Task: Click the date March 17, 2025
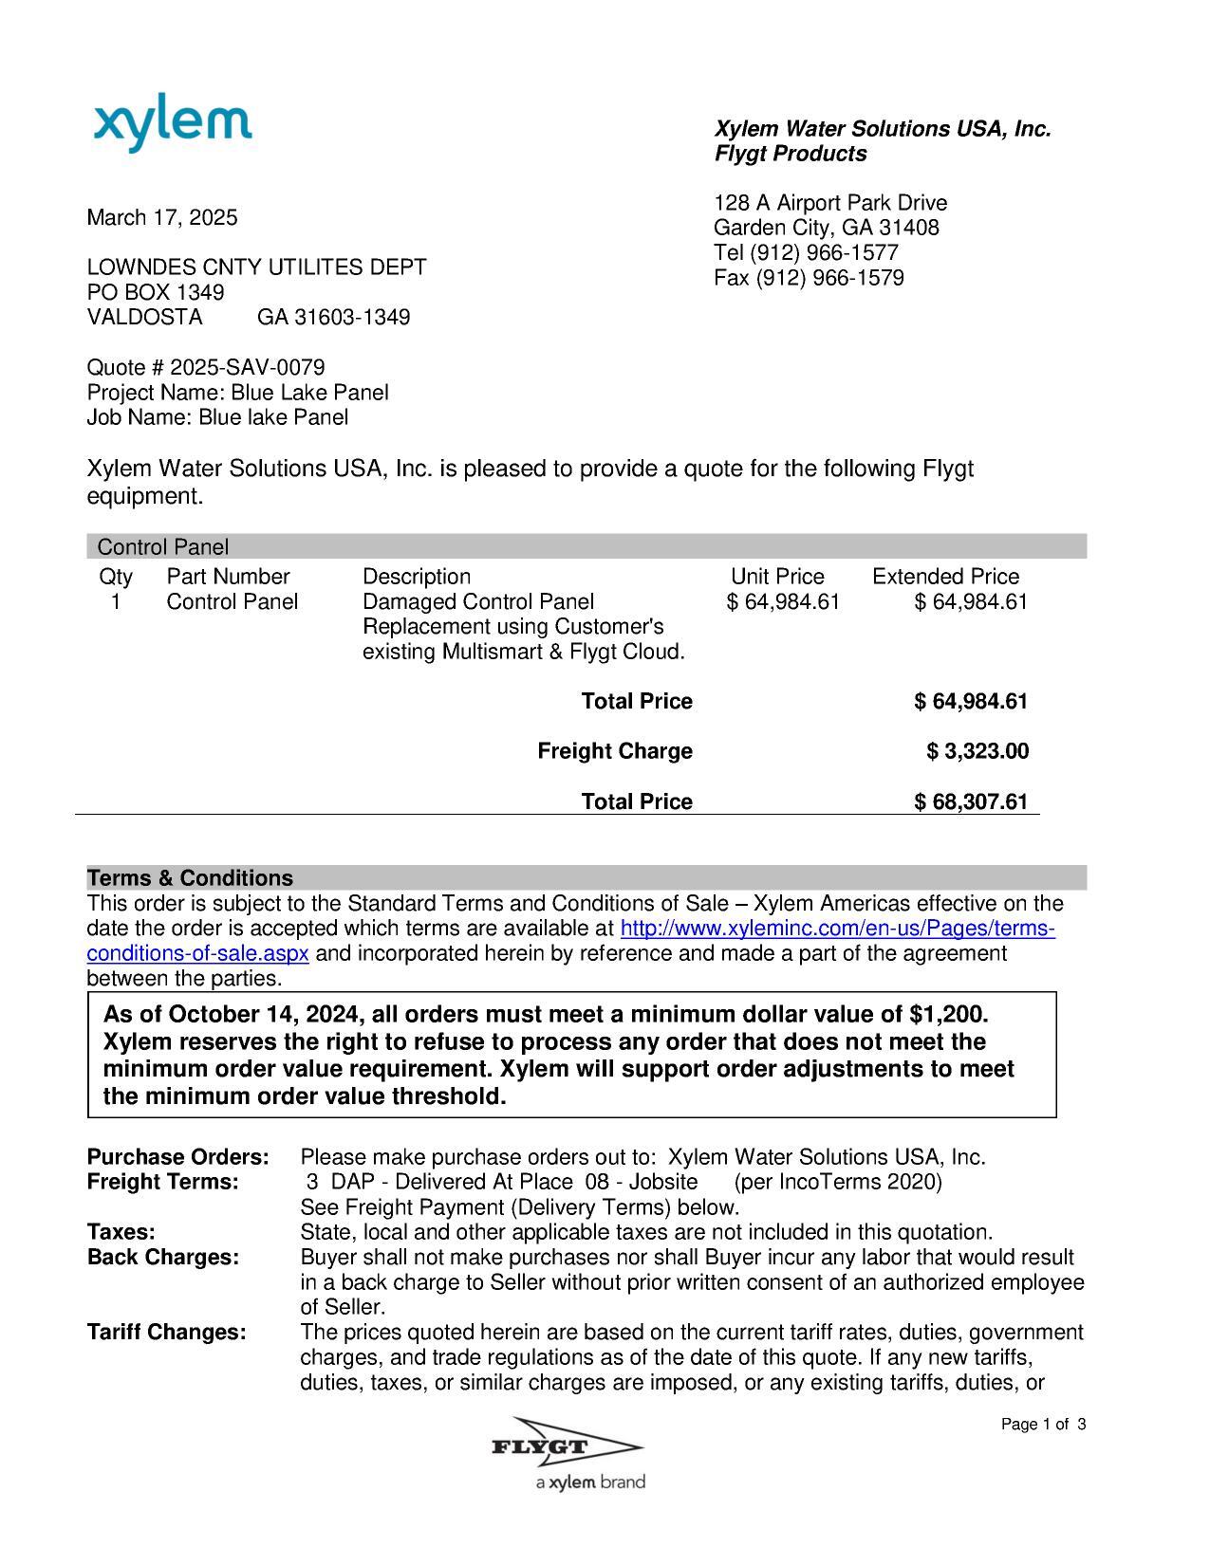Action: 162,217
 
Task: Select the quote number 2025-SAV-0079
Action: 247,367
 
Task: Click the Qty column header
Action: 116,577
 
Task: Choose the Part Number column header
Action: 228,577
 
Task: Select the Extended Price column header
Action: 945,577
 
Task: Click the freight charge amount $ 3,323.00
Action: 977,751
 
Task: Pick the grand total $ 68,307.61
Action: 971,801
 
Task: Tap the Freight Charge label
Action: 615,751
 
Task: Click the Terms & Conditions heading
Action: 190,877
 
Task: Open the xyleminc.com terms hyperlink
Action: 836,929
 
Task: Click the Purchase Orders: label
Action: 177,1157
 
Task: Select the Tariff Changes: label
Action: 166,1332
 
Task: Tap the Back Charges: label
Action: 162,1257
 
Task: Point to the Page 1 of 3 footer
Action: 1043,1425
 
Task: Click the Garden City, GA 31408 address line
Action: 826,228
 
